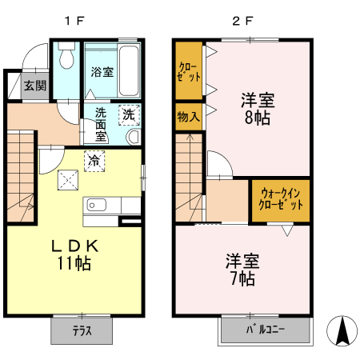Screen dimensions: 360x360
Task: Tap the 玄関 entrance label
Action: [34, 85]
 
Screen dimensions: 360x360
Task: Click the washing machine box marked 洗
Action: [128, 114]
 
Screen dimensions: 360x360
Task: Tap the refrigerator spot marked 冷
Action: [94, 160]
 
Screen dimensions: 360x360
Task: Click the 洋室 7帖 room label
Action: [240, 270]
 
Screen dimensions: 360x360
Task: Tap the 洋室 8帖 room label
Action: [258, 109]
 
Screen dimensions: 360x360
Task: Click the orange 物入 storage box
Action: [188, 117]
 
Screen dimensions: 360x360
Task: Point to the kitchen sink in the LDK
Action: [96, 205]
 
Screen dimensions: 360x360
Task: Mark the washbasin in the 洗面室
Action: [133, 135]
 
